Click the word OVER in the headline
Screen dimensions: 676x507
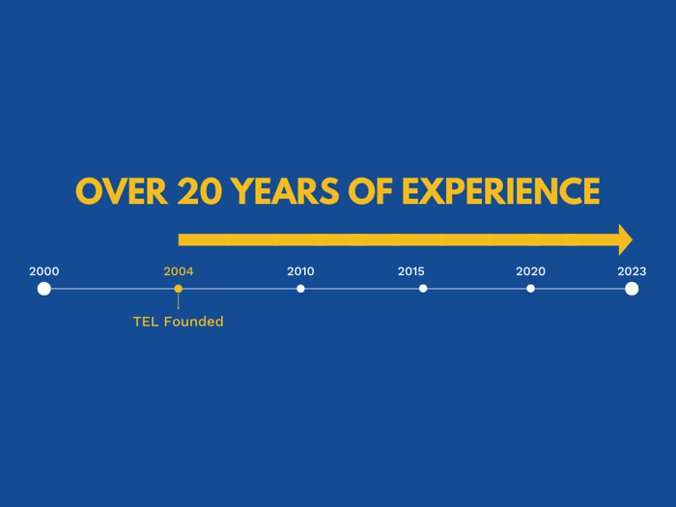click(x=122, y=191)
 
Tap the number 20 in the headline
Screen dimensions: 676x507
click(x=200, y=191)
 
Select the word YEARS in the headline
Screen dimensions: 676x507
click(x=285, y=191)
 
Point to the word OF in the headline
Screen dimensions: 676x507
click(x=370, y=191)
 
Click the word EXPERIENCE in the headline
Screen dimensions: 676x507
click(x=500, y=191)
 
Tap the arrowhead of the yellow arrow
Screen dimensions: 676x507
click(x=626, y=239)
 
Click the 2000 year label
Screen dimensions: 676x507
click(x=44, y=271)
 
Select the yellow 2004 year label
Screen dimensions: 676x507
click(x=179, y=271)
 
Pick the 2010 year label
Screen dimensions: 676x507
click(x=300, y=271)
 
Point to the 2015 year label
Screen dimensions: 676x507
click(x=410, y=271)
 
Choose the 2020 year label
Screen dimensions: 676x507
click(x=531, y=271)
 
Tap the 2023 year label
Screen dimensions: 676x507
click(x=632, y=271)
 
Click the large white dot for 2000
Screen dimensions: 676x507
click(x=44, y=289)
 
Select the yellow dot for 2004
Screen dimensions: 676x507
click(x=178, y=289)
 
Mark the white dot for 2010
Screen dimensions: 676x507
click(x=300, y=289)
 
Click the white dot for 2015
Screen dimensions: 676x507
click(x=423, y=289)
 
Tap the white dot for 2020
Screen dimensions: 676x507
click(x=531, y=289)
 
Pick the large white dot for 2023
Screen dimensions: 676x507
click(x=632, y=289)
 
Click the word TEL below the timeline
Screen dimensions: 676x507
click(x=146, y=322)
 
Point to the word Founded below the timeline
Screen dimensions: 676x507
click(x=193, y=322)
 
